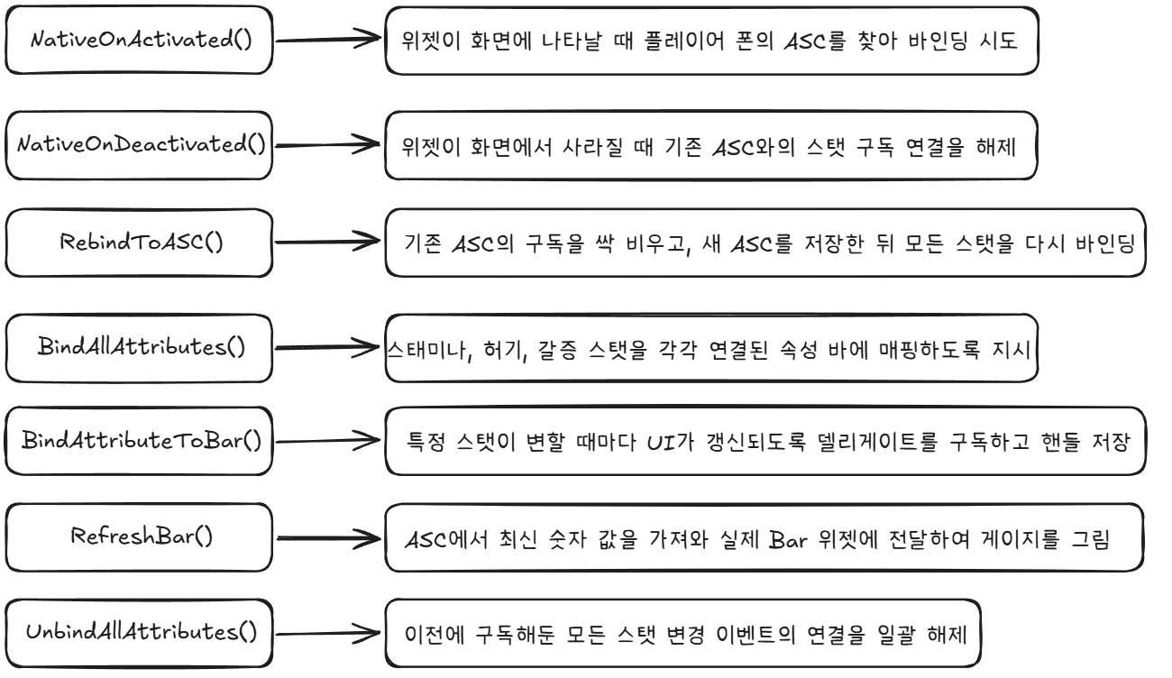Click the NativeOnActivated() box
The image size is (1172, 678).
139,41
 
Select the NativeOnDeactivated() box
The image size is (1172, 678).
139,145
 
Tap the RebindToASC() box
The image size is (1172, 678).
139,243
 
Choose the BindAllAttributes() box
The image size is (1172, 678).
139,348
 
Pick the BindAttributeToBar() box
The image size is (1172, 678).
139,441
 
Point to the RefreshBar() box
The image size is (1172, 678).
139,537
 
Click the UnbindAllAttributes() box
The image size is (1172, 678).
139,633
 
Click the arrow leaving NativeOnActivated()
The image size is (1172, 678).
328,39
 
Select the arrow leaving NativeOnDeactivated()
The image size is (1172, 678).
327,144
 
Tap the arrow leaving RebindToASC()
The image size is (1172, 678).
327,241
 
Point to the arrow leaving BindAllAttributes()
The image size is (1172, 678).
327,347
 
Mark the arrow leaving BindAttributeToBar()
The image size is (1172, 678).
328,441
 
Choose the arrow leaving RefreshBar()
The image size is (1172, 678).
329,538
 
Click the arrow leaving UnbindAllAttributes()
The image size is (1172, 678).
328,633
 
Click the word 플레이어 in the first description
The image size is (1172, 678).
684,41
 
